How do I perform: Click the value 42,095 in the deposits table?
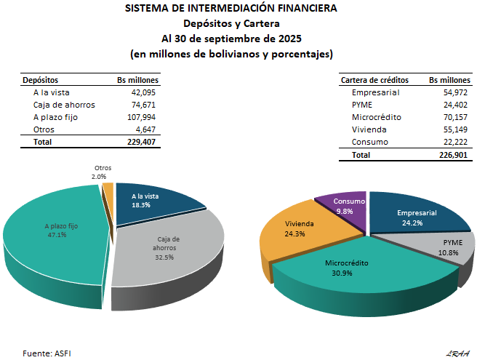(143, 93)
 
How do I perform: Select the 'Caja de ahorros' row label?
(64, 105)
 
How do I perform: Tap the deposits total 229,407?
(141, 142)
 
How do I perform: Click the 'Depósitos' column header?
(41, 80)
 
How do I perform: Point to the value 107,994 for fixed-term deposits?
(141, 117)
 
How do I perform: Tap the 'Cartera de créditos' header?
(374, 80)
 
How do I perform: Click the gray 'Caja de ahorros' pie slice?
(167, 251)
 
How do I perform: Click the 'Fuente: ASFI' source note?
(47, 353)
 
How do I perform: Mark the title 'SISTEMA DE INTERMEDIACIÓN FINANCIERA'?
(231, 9)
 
